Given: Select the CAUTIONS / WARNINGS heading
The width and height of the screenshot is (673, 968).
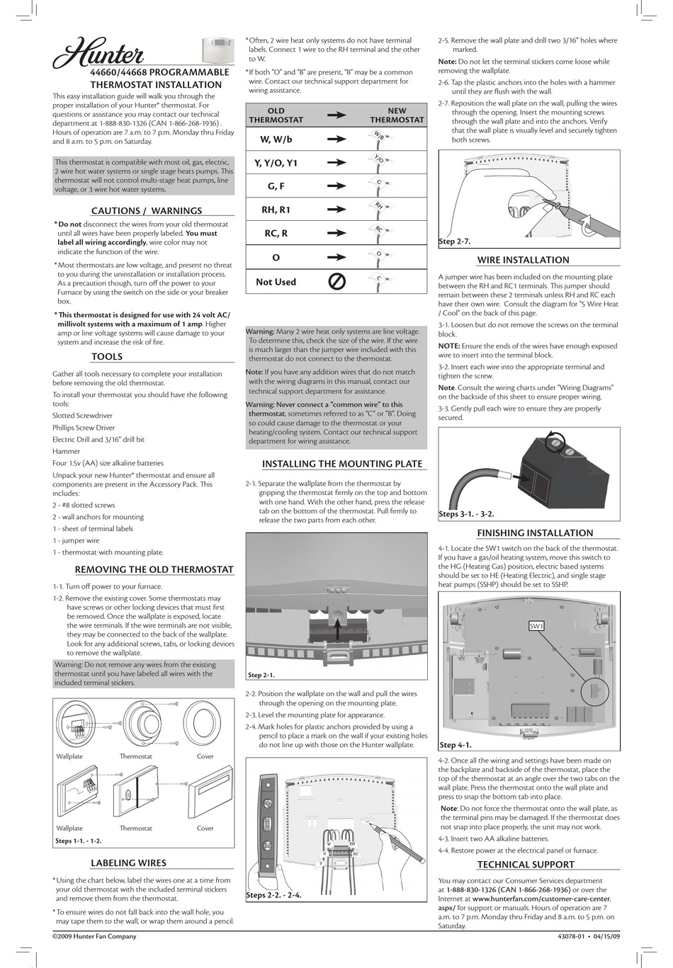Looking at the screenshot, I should click(x=147, y=210).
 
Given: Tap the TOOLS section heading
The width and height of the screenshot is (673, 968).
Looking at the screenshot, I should click(x=107, y=357).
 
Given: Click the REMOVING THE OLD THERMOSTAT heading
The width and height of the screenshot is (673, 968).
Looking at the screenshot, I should click(x=154, y=569).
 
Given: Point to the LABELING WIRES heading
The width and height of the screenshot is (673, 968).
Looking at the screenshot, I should click(x=128, y=863).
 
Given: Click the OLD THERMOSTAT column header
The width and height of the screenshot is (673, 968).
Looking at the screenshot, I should click(x=276, y=115).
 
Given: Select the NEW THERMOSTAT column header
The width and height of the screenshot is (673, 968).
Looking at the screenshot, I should click(x=397, y=115).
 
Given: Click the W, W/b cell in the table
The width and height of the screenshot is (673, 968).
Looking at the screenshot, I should click(x=276, y=139).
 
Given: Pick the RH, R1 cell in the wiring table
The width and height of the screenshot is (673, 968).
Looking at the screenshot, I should click(x=276, y=210).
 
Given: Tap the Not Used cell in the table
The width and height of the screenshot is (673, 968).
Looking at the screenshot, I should click(x=276, y=282).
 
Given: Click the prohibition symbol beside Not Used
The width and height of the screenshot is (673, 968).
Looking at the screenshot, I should click(x=337, y=282).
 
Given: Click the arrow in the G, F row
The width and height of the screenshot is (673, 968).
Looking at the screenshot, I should click(x=337, y=186).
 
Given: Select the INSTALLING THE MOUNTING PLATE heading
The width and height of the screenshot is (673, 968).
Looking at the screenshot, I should click(x=342, y=464).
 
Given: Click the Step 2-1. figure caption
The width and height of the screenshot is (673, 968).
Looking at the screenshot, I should click(x=261, y=676).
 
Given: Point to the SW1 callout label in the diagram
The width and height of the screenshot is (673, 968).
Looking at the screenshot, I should click(x=536, y=626).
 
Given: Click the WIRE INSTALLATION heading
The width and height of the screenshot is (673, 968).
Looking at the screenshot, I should click(x=523, y=260).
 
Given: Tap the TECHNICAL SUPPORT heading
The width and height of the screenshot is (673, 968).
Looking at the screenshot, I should click(x=526, y=865).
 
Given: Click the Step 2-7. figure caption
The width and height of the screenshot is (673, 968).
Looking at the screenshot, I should click(x=455, y=241).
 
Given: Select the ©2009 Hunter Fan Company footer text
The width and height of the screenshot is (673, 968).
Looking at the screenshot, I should click(x=94, y=936).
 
